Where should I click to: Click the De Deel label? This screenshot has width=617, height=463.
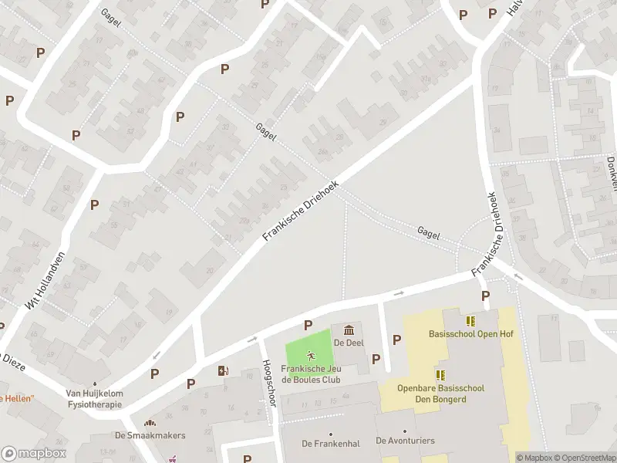(x=349, y=343)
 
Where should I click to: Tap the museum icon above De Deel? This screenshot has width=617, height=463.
(x=349, y=330)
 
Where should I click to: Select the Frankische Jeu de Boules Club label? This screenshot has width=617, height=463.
(x=311, y=373)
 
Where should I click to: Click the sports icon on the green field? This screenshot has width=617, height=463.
(x=311, y=356)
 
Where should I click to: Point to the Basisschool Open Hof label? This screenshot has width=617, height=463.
(x=470, y=334)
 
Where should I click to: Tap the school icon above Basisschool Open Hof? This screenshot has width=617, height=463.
(x=470, y=321)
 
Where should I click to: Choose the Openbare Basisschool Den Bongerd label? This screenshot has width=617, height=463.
(x=440, y=393)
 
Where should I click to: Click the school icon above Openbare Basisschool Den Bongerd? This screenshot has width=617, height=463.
(x=440, y=375)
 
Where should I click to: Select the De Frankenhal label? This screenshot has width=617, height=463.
(x=330, y=443)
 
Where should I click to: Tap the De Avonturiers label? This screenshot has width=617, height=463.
(x=405, y=441)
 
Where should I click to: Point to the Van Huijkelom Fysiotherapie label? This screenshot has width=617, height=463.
(x=94, y=398)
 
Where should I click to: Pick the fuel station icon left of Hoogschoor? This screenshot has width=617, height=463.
(x=224, y=370)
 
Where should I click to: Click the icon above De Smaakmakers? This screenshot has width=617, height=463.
(x=149, y=423)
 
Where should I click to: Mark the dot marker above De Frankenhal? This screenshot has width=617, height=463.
(x=330, y=433)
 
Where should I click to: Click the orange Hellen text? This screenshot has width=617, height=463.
(x=17, y=398)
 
